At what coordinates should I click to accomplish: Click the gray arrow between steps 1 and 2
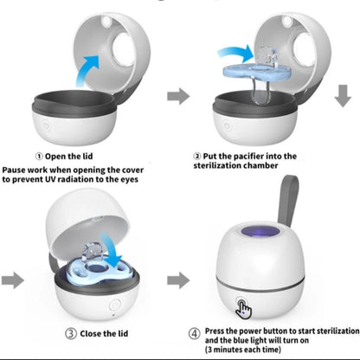click(x=178, y=95)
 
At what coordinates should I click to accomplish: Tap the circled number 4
click(x=196, y=331)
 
